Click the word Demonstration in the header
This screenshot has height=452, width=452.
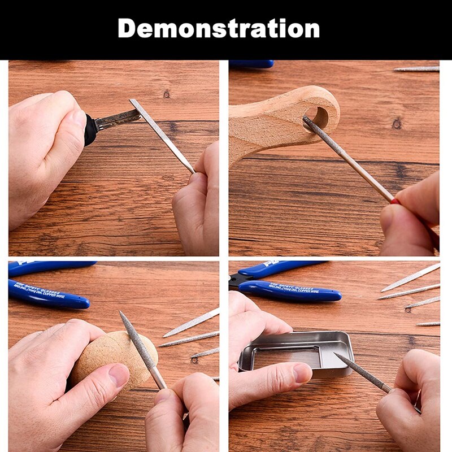[x=219, y=28]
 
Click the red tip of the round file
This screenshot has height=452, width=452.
[x=395, y=201]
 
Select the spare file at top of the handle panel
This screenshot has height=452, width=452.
[x=416, y=69]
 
